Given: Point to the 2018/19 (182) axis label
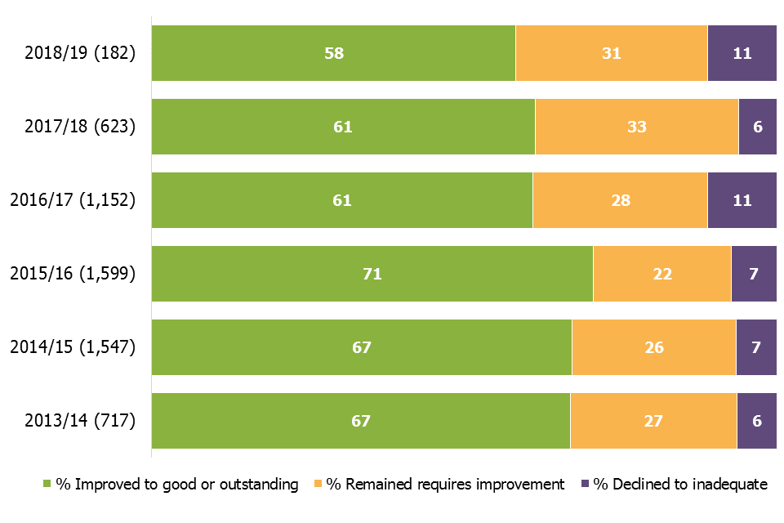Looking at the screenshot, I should click(x=80, y=53).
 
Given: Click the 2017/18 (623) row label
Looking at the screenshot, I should click(x=80, y=127).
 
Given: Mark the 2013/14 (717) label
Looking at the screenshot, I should click(x=80, y=421).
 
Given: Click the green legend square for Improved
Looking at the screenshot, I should click(x=47, y=485).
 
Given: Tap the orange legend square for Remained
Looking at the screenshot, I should click(x=318, y=485).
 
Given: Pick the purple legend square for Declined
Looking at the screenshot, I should click(x=584, y=485).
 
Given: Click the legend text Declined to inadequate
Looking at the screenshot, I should click(x=680, y=485).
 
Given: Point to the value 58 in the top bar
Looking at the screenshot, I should click(x=333, y=53).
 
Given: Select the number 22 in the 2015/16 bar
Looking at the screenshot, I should click(x=662, y=274).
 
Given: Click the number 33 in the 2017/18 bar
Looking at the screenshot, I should click(x=636, y=127).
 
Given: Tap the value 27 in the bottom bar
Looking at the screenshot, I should click(x=653, y=421).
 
